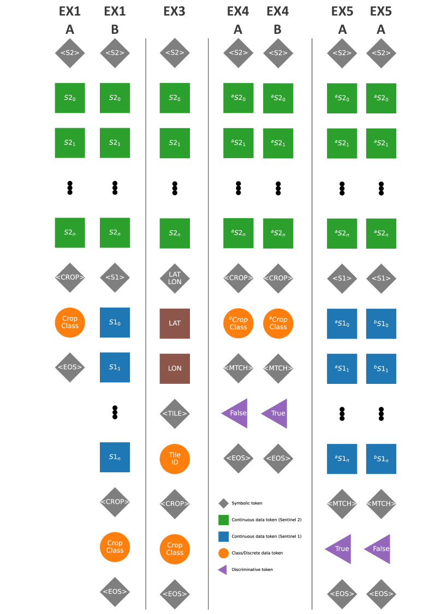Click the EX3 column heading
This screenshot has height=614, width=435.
tap(174, 11)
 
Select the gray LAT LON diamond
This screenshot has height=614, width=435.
tap(175, 278)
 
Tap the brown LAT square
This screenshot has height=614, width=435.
tap(175, 323)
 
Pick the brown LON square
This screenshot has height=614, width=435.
tap(175, 368)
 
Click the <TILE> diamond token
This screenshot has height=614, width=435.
tap(175, 413)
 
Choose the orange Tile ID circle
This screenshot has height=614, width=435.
tap(175, 459)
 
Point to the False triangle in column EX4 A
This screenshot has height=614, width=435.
tap(236, 413)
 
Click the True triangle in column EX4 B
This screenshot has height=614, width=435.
tap(276, 413)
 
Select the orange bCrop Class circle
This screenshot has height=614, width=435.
tap(239, 323)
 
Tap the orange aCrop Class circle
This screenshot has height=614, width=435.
tap(278, 323)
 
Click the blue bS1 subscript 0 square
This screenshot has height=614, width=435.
tap(381, 324)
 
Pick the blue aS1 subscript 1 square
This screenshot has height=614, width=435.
tap(342, 369)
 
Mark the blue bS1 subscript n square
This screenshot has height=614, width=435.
tap(381, 459)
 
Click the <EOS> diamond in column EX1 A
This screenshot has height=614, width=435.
tap(70, 368)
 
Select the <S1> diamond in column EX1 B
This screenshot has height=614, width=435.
tap(115, 278)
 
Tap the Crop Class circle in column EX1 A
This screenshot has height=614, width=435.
tap(70, 322)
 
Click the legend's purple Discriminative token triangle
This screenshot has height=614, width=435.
tap(223, 570)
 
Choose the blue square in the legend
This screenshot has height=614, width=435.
tap(223, 537)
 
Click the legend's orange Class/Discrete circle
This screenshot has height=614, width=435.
tap(223, 553)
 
